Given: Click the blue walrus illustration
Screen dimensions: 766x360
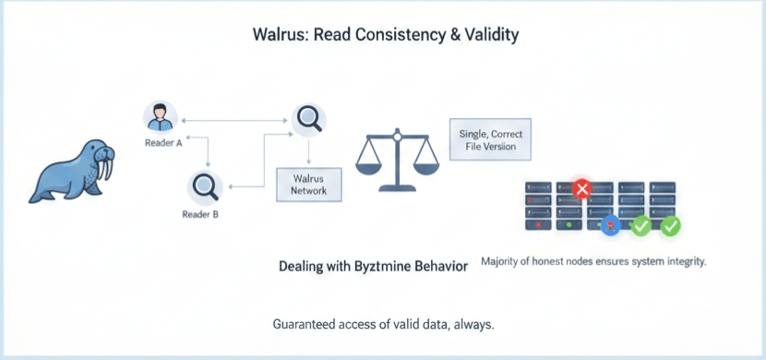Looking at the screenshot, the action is (73, 171).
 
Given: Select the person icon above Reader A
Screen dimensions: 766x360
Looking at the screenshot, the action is (161, 117).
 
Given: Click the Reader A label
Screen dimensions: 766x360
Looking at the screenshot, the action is (163, 144).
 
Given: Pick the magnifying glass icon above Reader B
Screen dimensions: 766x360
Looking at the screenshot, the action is (205, 187).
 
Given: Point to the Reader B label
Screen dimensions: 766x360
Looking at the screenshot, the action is (200, 214).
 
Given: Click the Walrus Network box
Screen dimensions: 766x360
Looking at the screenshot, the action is (309, 185).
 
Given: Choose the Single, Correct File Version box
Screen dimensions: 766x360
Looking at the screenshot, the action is (490, 139).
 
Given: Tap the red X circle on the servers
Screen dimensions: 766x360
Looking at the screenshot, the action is (581, 188).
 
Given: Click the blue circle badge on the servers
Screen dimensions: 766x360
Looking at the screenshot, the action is (611, 226).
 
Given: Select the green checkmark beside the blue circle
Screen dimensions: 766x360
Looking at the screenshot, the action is (640, 226).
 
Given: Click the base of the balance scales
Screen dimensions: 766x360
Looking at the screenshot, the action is (397, 187).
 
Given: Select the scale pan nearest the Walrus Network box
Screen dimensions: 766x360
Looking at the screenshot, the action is (369, 168).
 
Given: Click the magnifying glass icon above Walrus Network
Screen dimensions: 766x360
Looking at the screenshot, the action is (309, 120).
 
